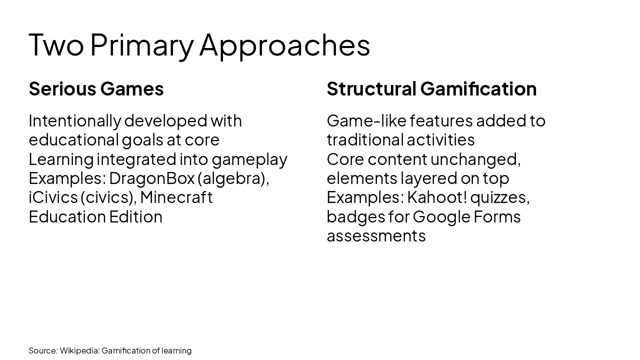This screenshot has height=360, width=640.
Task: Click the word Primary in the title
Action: point(141,45)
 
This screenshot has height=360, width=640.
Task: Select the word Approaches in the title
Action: point(284,45)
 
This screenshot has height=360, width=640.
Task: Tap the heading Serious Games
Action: point(96,88)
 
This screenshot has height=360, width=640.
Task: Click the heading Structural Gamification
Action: point(431,88)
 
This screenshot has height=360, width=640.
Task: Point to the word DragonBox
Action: point(151,178)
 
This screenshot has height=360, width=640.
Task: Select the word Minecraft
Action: point(176,197)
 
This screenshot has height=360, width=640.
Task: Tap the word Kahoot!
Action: point(437,197)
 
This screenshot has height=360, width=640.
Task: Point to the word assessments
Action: point(376,235)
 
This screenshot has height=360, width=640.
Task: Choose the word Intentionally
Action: point(74,120)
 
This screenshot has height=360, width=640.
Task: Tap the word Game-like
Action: point(366,120)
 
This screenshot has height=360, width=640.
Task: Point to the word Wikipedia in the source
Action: point(79,350)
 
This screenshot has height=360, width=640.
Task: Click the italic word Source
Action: point(42,350)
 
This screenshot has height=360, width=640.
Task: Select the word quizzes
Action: point(499,197)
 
